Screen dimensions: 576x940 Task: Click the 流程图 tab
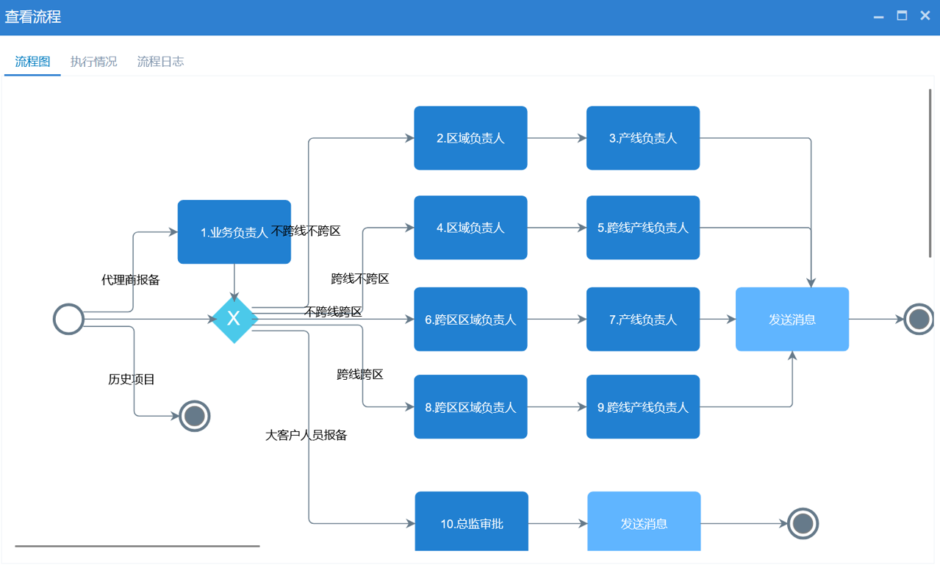pos(32,62)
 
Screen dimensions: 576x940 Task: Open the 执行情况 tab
pos(93,62)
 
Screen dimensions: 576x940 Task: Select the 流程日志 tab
pos(160,62)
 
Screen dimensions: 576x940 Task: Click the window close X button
pos(925,16)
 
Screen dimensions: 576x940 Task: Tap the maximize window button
pos(902,16)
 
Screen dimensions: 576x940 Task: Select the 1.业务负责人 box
pos(234,232)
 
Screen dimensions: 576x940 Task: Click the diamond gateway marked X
pos(234,319)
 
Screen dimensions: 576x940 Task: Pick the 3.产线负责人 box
pos(642,138)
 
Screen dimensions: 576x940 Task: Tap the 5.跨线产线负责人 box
pos(642,228)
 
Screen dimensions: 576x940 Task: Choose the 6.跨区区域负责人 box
pos(470,320)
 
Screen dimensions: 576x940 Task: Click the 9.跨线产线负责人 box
pos(642,407)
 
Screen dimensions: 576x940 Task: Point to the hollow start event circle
pos(69,320)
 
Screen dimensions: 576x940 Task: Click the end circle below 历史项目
pos(195,416)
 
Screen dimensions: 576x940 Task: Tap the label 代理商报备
pos(131,280)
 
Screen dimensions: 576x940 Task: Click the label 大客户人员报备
pos(306,435)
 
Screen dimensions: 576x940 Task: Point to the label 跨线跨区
pos(360,375)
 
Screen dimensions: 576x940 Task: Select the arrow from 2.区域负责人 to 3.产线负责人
pos(556,138)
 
